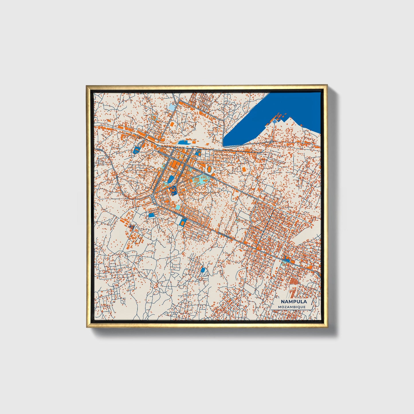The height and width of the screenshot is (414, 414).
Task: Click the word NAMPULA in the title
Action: click(293, 302)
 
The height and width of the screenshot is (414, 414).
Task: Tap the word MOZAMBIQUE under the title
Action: click(292, 307)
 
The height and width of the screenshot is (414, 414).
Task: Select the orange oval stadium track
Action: click(209, 170)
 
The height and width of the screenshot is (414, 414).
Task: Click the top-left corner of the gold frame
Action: click(87, 86)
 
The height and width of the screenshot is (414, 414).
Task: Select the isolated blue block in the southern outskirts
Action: click(203, 270)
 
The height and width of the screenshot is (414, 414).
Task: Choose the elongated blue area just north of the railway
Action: click(183, 142)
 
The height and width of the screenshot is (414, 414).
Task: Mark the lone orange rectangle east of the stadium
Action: click(244, 169)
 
